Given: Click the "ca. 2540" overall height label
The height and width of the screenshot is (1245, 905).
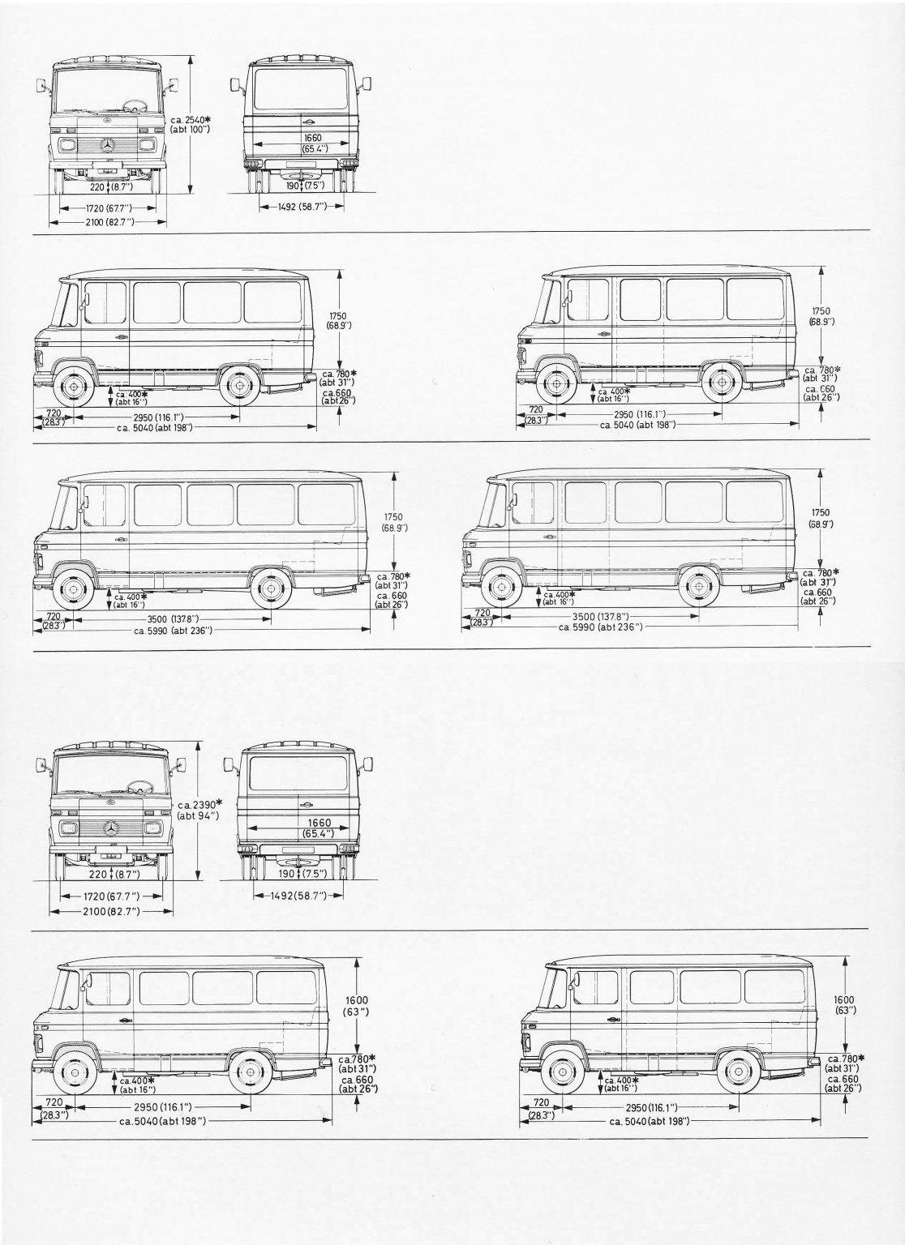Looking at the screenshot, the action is [x=194, y=119].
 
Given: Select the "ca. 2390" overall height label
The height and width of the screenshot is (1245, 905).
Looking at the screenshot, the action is [x=200, y=804].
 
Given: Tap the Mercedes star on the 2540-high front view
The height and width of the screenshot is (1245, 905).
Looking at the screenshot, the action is [x=108, y=145].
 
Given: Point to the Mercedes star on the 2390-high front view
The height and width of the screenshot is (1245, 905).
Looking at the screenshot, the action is [x=111, y=829].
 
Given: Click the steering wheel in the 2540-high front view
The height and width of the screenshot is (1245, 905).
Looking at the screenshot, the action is [x=135, y=104].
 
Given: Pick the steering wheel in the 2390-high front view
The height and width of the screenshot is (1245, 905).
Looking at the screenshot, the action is [x=140, y=787].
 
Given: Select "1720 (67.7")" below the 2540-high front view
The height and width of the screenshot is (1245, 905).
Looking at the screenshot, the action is [x=109, y=208].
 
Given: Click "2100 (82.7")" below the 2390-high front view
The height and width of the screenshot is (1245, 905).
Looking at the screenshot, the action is [x=112, y=912].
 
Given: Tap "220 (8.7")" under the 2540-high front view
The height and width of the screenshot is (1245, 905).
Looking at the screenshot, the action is [x=111, y=186].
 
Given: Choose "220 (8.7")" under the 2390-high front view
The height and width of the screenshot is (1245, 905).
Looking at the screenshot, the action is [x=114, y=875].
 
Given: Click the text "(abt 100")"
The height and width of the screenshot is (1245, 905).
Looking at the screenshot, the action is [x=191, y=130].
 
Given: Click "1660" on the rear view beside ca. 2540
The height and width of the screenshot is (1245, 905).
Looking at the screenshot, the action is [x=313, y=138].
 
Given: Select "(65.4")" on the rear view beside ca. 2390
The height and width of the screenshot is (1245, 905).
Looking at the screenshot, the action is [x=319, y=833].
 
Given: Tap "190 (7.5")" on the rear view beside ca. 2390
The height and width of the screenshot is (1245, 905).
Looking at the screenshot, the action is [x=307, y=874].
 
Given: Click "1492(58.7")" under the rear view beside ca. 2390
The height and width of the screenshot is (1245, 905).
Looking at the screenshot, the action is [x=298, y=896].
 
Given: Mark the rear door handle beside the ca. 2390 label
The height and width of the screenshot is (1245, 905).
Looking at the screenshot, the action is [x=305, y=805].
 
